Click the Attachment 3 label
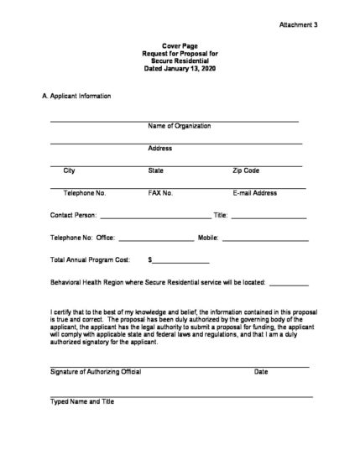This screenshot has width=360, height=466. [x=298, y=26]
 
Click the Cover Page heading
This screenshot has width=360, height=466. [x=179, y=45]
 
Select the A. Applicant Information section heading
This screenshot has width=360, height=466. [x=76, y=97]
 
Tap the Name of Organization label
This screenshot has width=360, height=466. [x=179, y=126]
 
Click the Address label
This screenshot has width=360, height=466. [x=159, y=149]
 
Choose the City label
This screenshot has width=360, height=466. [x=69, y=170]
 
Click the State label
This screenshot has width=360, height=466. [x=156, y=170]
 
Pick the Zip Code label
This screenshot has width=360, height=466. [x=246, y=170]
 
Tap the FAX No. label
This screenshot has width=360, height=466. [x=160, y=193]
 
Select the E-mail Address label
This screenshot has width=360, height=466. [x=254, y=193]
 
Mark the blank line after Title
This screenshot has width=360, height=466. [x=268, y=217]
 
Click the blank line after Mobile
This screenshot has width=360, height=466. [x=262, y=240]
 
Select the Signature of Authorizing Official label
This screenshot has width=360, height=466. [x=96, y=372]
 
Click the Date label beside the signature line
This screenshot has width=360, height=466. [x=261, y=372]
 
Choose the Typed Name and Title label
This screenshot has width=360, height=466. [x=81, y=402]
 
